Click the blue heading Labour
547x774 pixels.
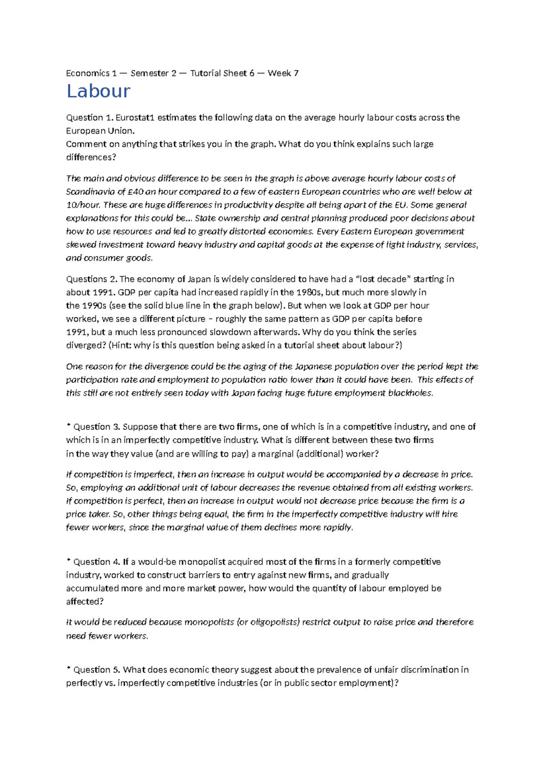(98, 92)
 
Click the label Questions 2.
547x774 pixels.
(92, 279)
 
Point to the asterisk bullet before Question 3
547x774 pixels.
(68, 425)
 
